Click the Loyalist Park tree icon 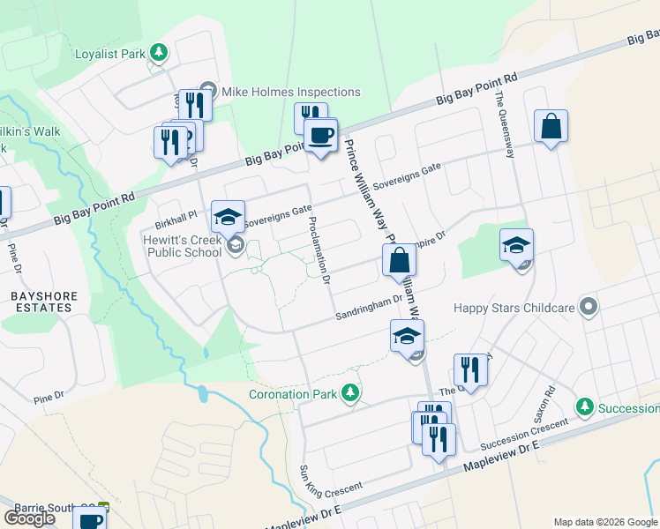tap(159, 53)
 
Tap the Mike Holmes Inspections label tap(289, 92)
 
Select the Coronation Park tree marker tap(351, 392)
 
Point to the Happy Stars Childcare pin tap(589, 308)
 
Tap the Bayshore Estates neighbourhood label tap(44, 302)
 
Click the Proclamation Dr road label tap(319, 250)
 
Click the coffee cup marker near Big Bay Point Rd tap(320, 137)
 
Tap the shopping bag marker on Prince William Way tap(399, 261)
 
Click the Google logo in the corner tap(29, 518)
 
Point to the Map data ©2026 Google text tap(604, 522)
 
